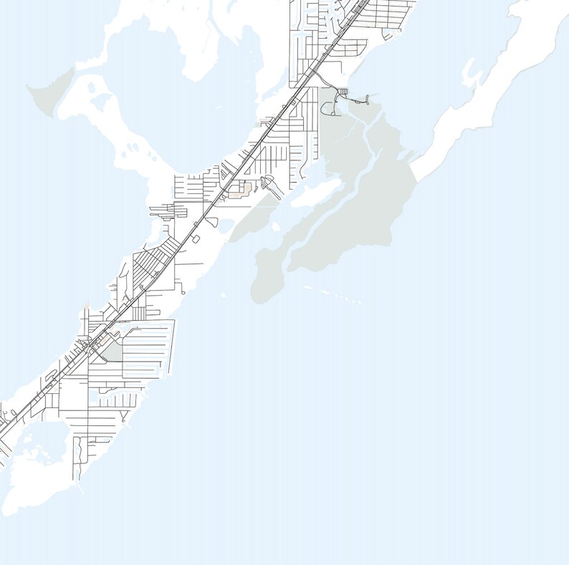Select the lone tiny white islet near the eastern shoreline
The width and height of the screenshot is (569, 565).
[x=223, y=294]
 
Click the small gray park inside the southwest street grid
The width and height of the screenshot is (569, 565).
[x=113, y=352]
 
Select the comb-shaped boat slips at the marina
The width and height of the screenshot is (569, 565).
[x=343, y=92]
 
